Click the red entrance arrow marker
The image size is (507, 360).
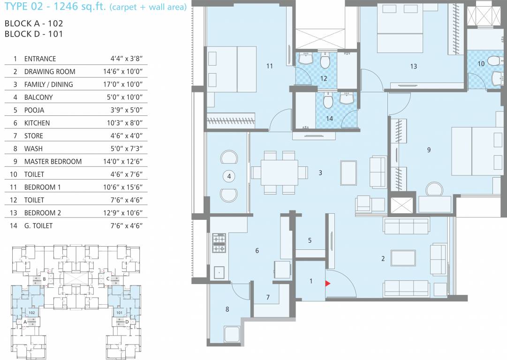tap(328, 283)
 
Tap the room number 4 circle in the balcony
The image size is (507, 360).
tap(229, 176)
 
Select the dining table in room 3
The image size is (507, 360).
tap(279, 172)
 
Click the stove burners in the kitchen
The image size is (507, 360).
tap(219, 243)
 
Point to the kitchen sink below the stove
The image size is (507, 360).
tap(219, 271)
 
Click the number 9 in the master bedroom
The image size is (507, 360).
tap(429, 150)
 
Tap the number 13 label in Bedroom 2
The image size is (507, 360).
tap(413, 67)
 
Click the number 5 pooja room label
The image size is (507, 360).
tap(310, 240)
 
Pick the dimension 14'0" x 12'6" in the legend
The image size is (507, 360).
tap(126, 161)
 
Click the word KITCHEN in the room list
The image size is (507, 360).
tap(37, 123)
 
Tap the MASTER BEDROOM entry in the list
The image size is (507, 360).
tap(53, 161)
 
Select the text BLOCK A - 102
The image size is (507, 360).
tap(33, 22)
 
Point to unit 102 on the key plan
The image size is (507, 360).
tap(32, 312)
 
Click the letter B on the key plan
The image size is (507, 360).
tap(44, 279)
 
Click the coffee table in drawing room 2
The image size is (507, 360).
tap(403, 258)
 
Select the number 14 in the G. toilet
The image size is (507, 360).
tap(329, 119)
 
